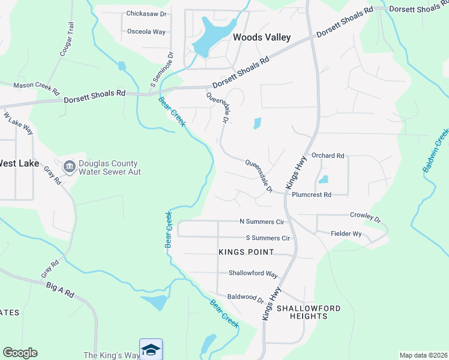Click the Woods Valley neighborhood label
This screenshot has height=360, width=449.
click(262, 37)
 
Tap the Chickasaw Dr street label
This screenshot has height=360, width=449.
click(145, 13)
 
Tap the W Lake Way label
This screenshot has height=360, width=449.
click(18, 122)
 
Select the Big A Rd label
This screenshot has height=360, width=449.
click(59, 290)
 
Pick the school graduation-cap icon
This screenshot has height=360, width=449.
click(151, 349)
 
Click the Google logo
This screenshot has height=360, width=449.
click(20, 353)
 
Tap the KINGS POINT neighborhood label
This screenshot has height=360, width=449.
click(246, 252)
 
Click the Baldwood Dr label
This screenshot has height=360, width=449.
click(246, 298)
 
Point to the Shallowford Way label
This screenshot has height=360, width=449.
click(253, 274)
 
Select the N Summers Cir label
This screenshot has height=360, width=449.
click(261, 221)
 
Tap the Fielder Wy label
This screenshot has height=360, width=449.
click(346, 233)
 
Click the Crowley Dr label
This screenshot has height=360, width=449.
click(366, 216)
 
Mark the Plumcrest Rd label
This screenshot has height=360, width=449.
click(312, 195)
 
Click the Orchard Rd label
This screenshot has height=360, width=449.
click(328, 156)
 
